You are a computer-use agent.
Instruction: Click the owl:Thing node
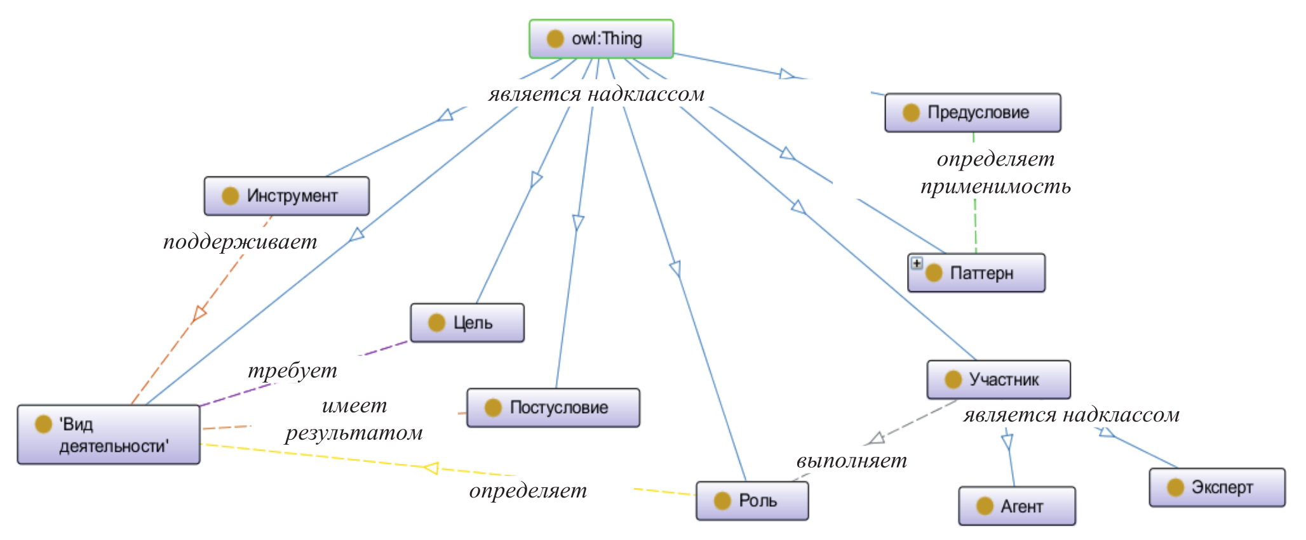[x=601, y=39]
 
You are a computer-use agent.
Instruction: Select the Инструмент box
[x=286, y=196]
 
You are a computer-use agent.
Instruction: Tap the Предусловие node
[x=973, y=113]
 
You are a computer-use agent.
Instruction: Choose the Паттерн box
[x=976, y=273]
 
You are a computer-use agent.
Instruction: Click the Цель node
[x=467, y=323]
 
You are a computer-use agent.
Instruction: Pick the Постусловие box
[x=553, y=408]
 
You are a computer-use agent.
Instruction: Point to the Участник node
[x=998, y=380]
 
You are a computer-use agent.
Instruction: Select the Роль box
[x=752, y=501]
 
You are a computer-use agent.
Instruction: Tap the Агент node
[x=1017, y=506]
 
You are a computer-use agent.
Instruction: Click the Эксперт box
[x=1217, y=487]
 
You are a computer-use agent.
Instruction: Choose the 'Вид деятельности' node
[x=109, y=435]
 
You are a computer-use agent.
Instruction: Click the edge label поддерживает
[x=240, y=242]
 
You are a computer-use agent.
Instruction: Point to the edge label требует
[x=292, y=371]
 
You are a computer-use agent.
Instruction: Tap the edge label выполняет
[x=851, y=461]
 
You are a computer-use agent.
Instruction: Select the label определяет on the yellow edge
[x=528, y=491]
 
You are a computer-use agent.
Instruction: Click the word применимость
[x=995, y=187]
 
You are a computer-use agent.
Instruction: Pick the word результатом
[x=354, y=433]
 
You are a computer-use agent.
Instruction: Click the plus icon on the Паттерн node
[x=916, y=263]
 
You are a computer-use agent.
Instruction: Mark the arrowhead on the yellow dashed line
[x=432, y=468]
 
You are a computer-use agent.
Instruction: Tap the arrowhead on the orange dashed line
[x=199, y=313]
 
